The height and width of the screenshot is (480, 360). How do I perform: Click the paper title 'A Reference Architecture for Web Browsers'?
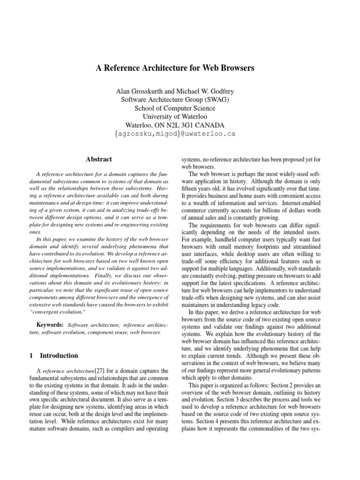coord(175,68)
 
